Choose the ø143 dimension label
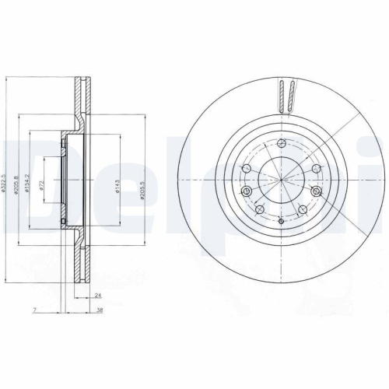[x=117, y=187]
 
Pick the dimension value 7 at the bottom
[x=36, y=310]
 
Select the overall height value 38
[x=102, y=310]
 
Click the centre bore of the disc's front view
[x=282, y=180]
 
